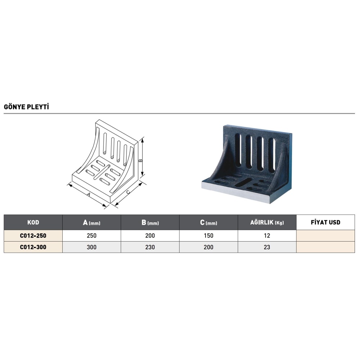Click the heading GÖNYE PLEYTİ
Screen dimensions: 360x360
[26, 107]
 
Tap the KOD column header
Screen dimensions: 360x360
[33, 222]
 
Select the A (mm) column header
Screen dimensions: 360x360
[91, 222]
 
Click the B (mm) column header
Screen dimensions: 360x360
[150, 222]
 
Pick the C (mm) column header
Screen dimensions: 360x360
[208, 222]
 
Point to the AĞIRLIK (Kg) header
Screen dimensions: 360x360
[267, 222]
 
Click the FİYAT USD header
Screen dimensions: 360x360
[325, 222]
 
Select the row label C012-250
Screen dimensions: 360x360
[33, 235]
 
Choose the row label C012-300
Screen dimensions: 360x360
[33, 247]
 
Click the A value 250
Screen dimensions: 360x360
[91, 235]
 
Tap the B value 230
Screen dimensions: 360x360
[150, 247]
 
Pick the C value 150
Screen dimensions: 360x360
[208, 235]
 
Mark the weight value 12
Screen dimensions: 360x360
[267, 235]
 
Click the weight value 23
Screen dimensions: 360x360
[267, 247]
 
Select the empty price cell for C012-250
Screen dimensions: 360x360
[325, 235]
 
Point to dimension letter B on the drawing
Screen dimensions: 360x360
[141, 160]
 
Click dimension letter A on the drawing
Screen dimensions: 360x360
[89, 194]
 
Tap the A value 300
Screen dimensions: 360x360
[91, 247]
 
